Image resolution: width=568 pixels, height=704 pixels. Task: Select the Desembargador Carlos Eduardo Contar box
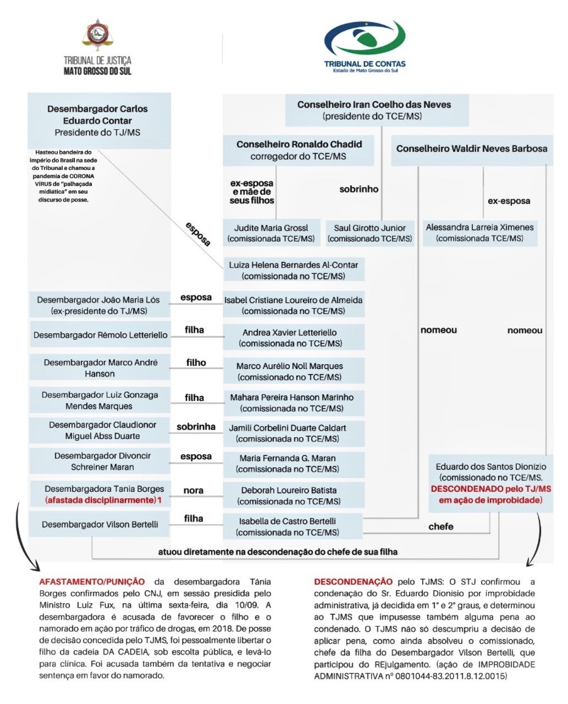click(x=99, y=120)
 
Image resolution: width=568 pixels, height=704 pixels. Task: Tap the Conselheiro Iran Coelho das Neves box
click(x=376, y=110)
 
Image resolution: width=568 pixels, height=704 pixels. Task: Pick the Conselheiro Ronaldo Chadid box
click(x=298, y=150)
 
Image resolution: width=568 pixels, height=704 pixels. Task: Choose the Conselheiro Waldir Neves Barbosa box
click(x=471, y=149)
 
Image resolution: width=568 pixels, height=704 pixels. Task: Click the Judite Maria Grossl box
click(x=271, y=233)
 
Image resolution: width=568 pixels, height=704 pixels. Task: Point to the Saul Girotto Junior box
click(x=369, y=233)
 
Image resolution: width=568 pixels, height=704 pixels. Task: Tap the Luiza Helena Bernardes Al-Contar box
click(x=293, y=270)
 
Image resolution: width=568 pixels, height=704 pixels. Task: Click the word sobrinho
click(x=358, y=189)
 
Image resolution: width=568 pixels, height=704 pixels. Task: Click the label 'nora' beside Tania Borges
click(x=193, y=490)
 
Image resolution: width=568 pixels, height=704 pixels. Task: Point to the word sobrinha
click(x=196, y=427)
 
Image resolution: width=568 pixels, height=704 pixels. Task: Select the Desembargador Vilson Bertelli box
click(x=100, y=525)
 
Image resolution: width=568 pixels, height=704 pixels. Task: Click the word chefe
click(x=441, y=526)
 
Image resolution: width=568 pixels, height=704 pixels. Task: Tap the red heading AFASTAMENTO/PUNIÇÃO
click(x=92, y=581)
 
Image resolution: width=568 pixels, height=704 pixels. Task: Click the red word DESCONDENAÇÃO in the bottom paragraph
click(x=353, y=581)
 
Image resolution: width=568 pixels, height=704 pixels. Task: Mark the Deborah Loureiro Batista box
click(x=293, y=495)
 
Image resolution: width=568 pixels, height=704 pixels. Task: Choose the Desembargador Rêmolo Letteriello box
click(x=100, y=334)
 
